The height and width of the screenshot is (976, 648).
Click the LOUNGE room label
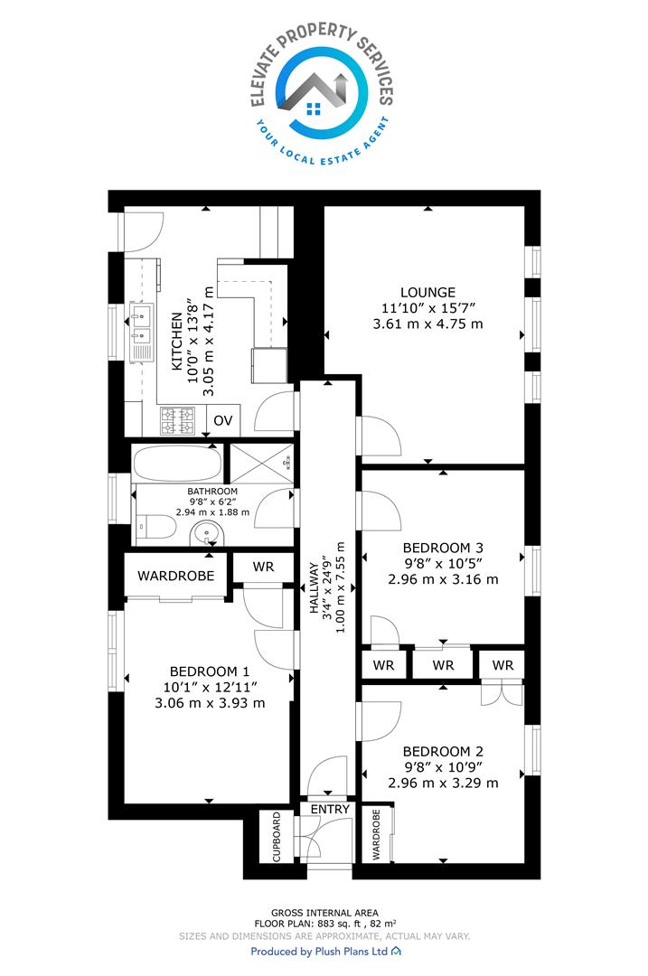coord(427,292)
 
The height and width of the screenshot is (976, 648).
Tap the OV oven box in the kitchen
coord(223,421)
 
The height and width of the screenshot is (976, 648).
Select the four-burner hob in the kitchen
coord(178,421)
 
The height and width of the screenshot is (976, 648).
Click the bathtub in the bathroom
coord(177,463)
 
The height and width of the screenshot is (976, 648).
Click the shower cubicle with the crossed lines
coord(261,463)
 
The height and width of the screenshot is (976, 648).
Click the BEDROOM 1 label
coord(209,671)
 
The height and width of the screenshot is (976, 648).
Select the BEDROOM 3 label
coord(443,548)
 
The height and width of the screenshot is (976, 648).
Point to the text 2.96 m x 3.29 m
coord(443,783)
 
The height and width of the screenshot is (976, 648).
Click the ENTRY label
coord(330,809)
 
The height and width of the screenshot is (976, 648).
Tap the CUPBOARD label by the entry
coord(277,837)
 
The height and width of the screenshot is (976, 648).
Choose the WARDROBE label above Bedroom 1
coord(175,576)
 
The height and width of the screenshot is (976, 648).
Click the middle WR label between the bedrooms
coord(443,665)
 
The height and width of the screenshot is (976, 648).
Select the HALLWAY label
coord(314,588)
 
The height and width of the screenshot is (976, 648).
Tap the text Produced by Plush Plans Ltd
coord(319,951)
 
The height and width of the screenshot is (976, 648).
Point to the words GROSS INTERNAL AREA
coord(324,913)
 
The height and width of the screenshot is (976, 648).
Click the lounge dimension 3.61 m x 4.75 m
coord(427,324)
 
